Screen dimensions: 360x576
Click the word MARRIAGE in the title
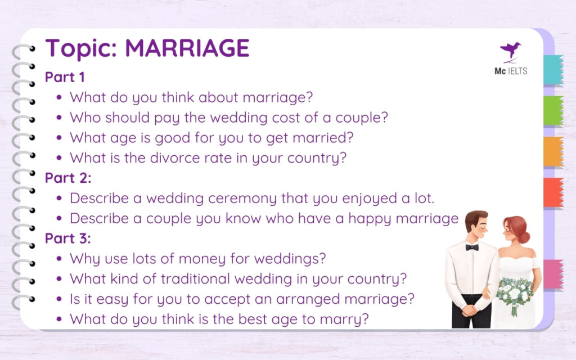187,49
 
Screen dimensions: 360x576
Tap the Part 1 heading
65,77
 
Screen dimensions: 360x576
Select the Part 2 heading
67,178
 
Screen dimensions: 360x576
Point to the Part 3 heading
67,238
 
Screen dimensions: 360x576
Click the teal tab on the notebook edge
553,70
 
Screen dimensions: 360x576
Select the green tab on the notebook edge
553,111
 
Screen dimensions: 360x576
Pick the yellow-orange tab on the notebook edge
553,151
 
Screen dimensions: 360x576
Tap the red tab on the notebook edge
553,192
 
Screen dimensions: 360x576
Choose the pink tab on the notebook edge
553,274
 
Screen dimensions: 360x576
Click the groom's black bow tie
471,247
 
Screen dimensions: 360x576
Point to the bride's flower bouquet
514,293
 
